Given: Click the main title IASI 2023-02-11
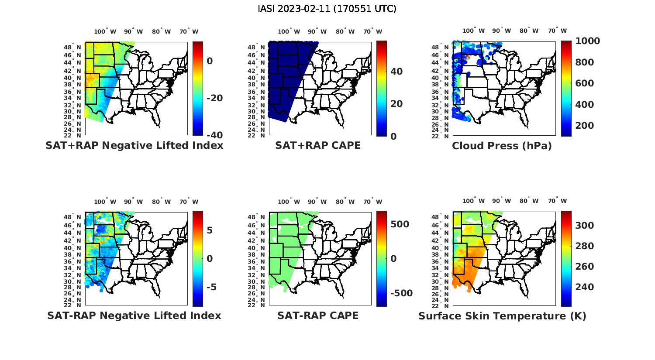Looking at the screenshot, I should click(327, 9).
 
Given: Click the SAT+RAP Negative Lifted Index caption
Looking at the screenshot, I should click(134, 145).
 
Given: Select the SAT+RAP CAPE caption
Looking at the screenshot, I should click(318, 145).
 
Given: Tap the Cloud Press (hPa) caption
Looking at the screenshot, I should click(502, 146).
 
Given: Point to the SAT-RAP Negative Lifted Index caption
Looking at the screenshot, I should click(134, 315).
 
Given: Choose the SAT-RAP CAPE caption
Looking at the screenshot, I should click(318, 315).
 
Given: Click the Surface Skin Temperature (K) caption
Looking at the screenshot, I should click(502, 316).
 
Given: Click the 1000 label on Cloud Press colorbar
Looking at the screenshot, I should click(587, 41).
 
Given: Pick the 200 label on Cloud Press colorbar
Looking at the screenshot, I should click(584, 126).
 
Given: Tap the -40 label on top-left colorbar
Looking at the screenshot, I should click(214, 135).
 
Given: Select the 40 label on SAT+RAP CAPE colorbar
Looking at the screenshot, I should click(396, 71).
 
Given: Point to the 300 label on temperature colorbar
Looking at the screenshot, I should click(584, 225).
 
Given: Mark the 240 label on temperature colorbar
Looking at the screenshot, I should click(584, 287).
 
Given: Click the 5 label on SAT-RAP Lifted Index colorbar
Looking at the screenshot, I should click(210, 230).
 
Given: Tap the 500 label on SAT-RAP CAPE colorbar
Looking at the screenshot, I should click(400, 224).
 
